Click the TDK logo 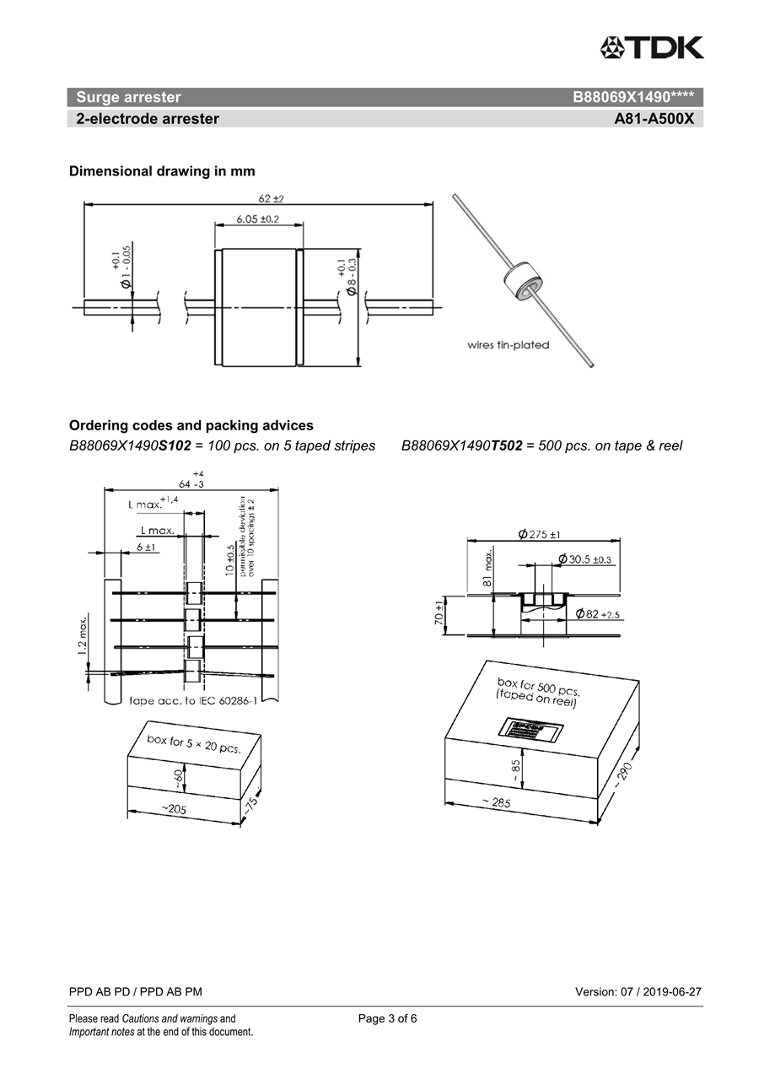pyautogui.click(x=651, y=47)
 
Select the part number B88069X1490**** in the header pyautogui.click(x=632, y=97)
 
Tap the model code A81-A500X pyautogui.click(x=654, y=119)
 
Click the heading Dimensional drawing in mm pyautogui.click(x=162, y=171)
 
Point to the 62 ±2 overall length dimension pyautogui.click(x=271, y=198)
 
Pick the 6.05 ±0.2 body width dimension pyautogui.click(x=258, y=219)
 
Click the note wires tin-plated pyautogui.click(x=508, y=345)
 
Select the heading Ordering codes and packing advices pyautogui.click(x=191, y=425)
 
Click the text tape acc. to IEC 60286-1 pyautogui.click(x=205, y=700)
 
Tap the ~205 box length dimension pyautogui.click(x=174, y=810)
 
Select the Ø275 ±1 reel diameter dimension pyautogui.click(x=540, y=534)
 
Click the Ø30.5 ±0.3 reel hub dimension pyautogui.click(x=584, y=559)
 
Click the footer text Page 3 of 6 pyautogui.click(x=387, y=1018)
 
